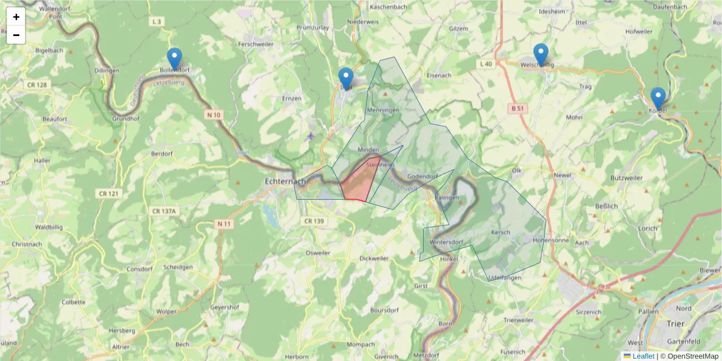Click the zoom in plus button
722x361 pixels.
pos(16,17)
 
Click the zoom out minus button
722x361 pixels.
pos(16,35)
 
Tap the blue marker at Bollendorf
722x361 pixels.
pos(174,59)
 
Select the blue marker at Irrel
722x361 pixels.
pos(346,79)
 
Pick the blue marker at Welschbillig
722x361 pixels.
pos(541,55)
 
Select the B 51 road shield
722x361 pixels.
pos(516,108)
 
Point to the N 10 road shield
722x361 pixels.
pos(214,114)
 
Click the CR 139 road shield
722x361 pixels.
pos(313,221)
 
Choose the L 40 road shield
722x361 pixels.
pos(486,64)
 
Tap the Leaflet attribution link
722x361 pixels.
pos(643,356)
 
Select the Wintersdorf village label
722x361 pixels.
pos(446,243)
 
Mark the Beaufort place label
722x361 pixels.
pos(54,119)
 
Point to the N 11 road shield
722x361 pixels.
pos(224,224)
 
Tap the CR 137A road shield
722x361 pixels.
pos(164,211)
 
